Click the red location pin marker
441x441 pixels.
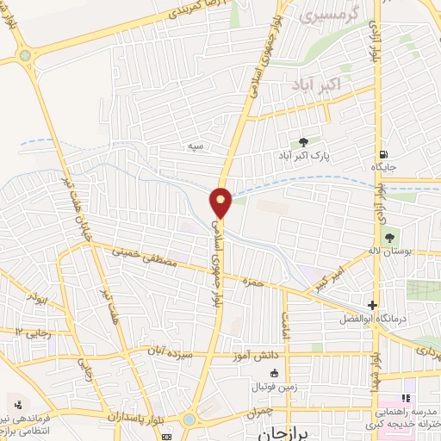click(221, 203)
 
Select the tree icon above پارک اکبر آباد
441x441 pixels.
click(302, 142)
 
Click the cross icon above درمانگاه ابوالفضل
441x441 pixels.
click(372, 304)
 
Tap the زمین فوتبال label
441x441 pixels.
click(274, 387)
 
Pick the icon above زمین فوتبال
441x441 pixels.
click(274, 373)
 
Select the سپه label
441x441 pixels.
click(196, 146)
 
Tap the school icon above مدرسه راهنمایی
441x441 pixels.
click(405, 397)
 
